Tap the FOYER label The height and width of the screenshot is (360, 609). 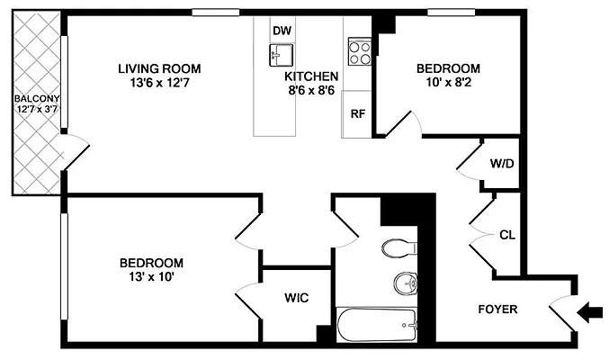coord(497,310)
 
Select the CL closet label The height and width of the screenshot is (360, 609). coord(506,236)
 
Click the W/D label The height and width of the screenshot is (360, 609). coord(501,165)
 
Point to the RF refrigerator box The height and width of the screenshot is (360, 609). coord(357,114)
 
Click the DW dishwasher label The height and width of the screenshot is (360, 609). coord(282,31)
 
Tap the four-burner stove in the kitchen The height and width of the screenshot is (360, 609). coord(360,51)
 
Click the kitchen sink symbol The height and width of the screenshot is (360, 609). coord(282,55)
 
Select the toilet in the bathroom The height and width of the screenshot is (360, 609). coord(397,247)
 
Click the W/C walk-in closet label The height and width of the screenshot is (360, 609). coord(297,298)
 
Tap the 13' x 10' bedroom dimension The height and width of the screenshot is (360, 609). coord(151,277)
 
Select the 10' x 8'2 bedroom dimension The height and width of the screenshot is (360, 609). coord(447,83)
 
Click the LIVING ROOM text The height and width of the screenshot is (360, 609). coord(159,68)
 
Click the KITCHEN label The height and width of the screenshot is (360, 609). coord(311,76)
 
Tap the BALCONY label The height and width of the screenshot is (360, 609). coord(36,98)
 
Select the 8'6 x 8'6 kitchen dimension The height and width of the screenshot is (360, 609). coord(312,91)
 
